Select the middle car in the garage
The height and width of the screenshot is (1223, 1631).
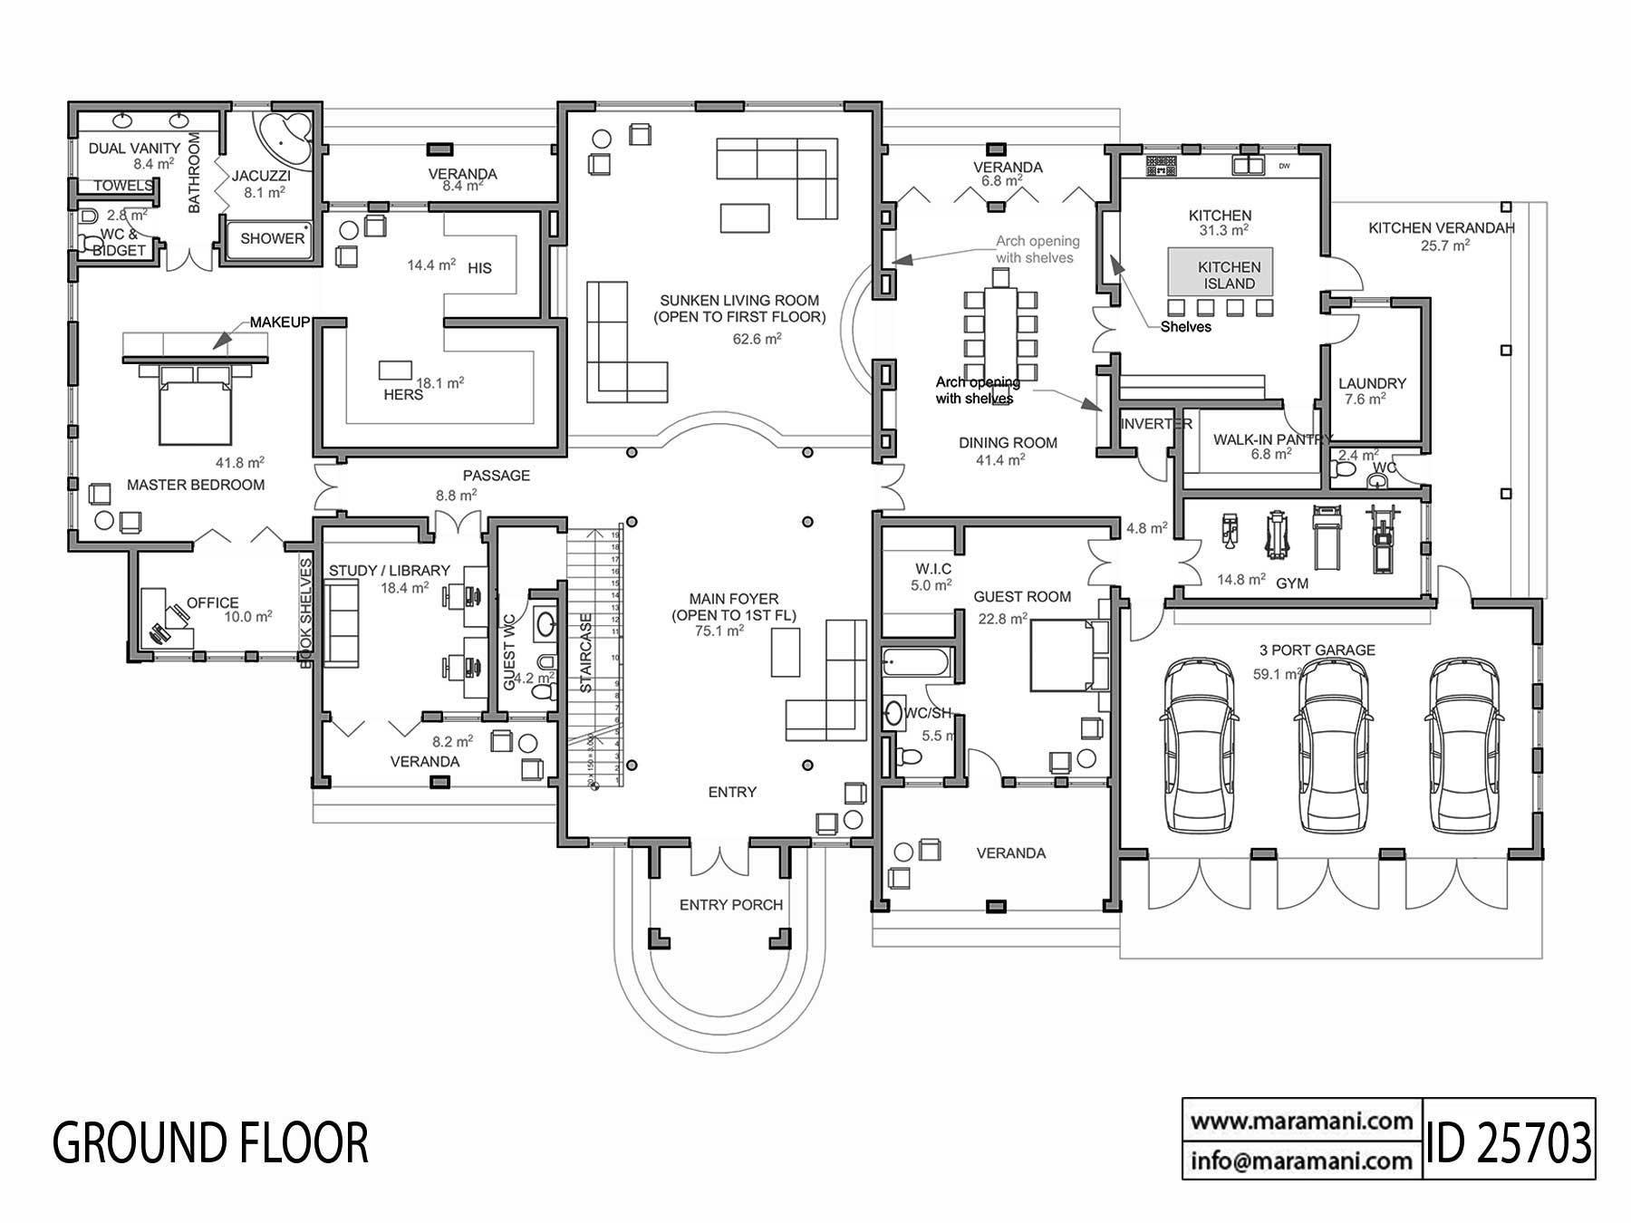1330,745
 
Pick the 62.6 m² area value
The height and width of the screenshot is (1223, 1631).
757,340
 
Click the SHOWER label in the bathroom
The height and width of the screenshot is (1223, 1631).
272,238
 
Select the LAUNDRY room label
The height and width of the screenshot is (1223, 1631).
1372,384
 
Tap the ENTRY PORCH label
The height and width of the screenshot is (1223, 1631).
730,905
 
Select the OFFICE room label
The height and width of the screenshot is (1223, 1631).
212,602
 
